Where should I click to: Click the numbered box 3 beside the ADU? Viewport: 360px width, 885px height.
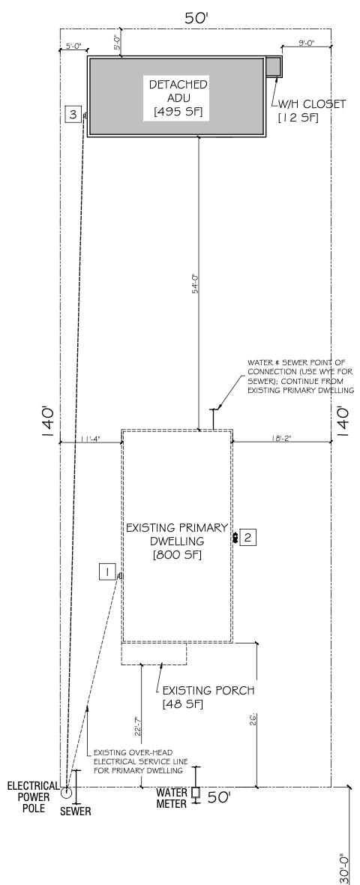coord(72,114)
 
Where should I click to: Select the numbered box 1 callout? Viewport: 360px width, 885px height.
coord(107,572)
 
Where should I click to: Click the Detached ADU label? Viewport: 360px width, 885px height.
coord(178,97)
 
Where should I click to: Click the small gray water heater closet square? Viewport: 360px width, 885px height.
coord(273,66)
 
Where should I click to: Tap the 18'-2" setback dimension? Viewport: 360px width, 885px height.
coord(282,438)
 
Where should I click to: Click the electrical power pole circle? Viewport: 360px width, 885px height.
coord(66,792)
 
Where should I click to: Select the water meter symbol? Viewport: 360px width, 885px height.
coord(196,792)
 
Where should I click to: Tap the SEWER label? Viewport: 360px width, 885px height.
coord(76,810)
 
